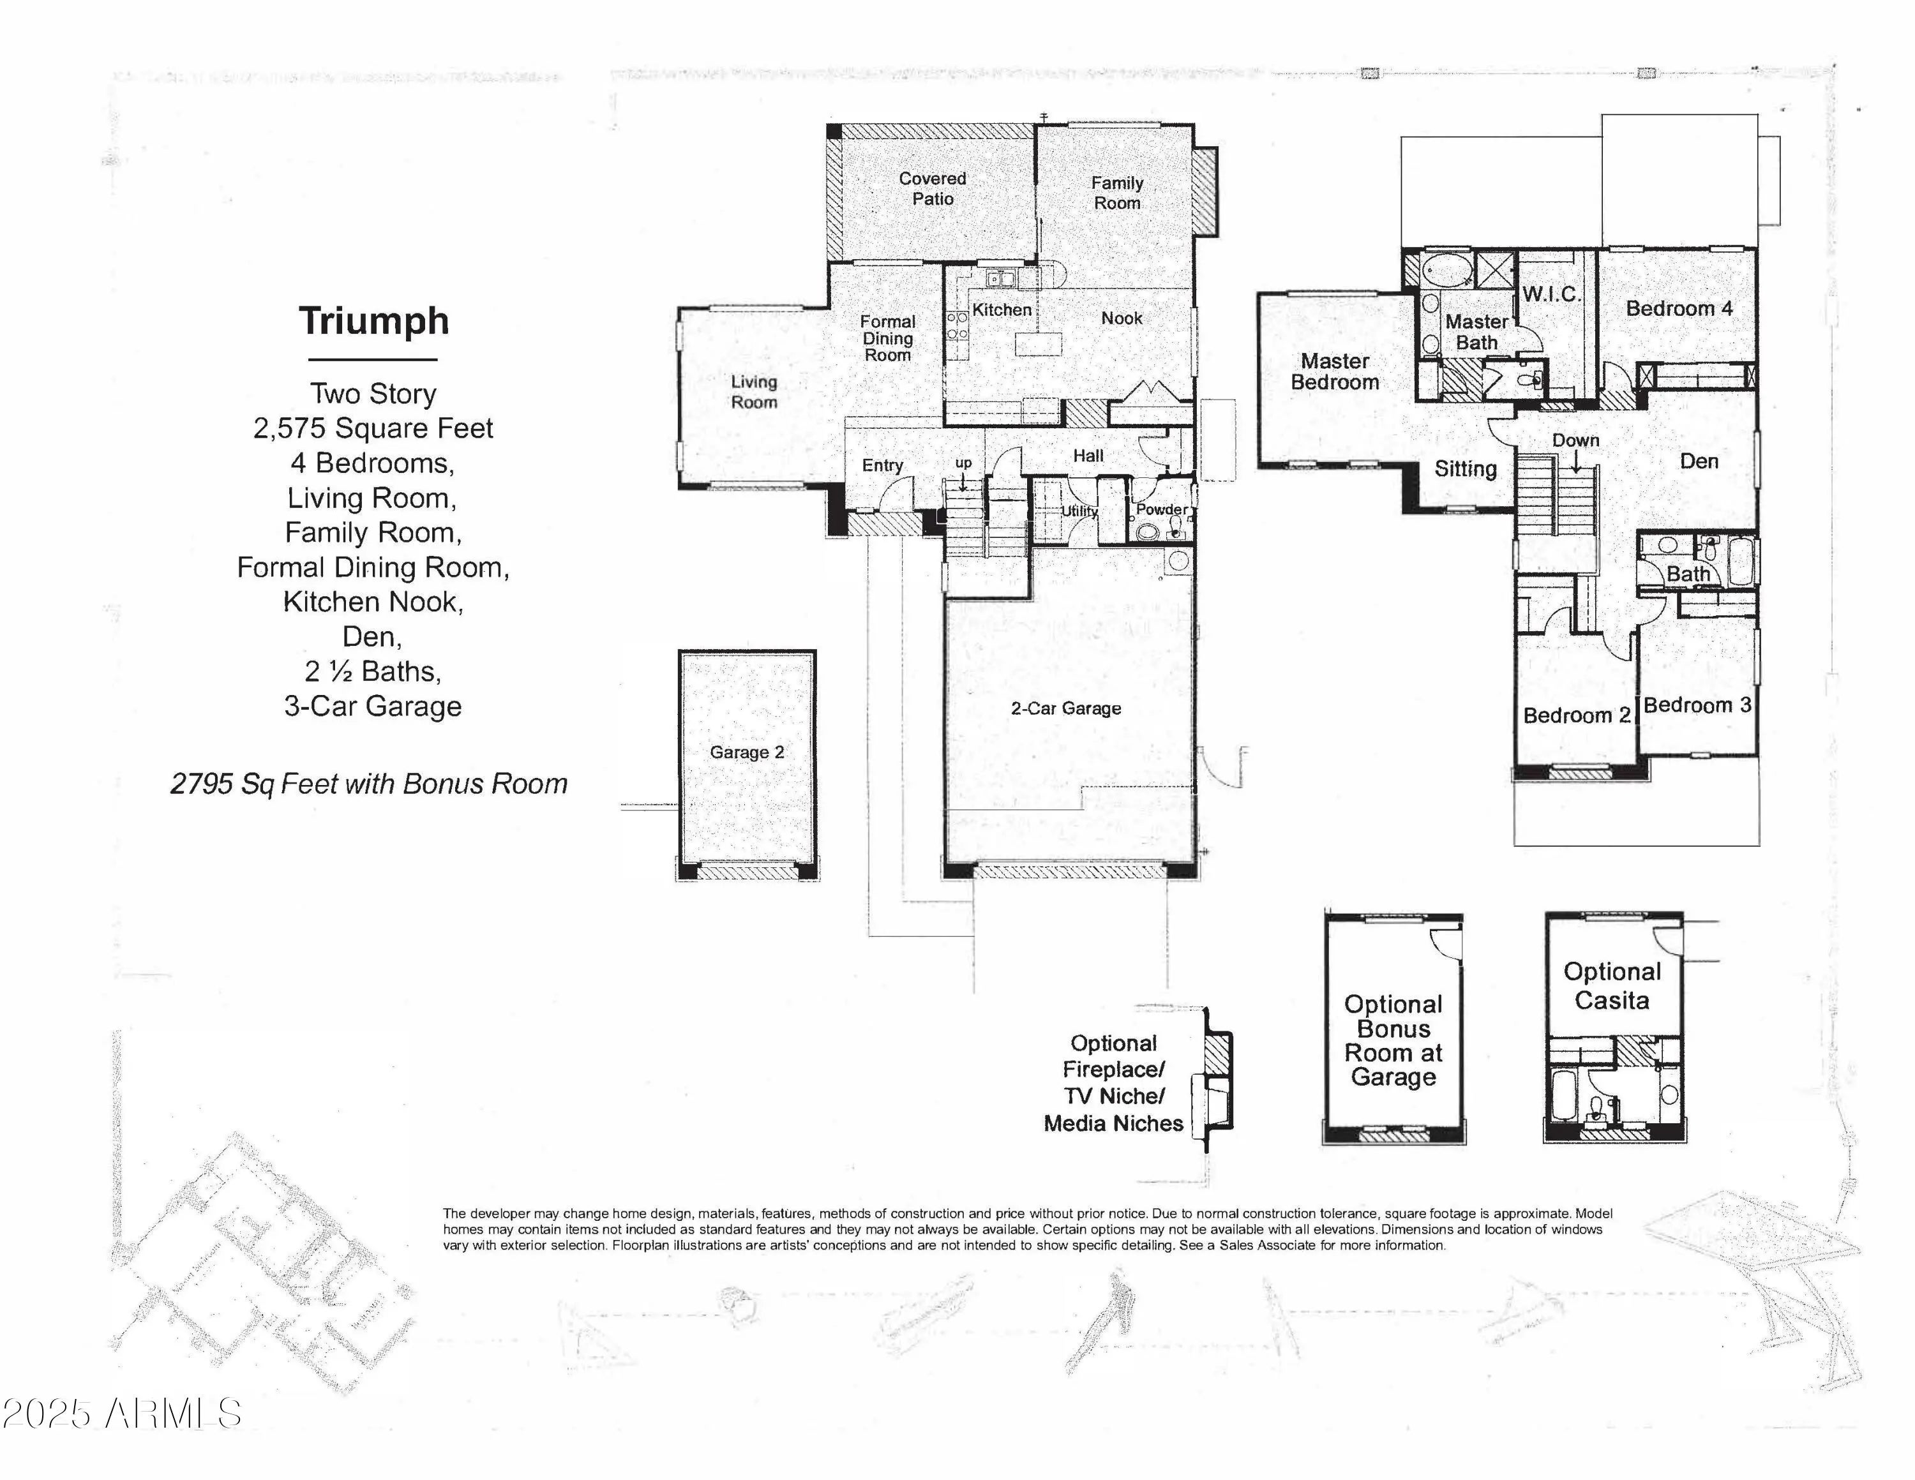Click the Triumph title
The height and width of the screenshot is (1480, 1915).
coord(373,321)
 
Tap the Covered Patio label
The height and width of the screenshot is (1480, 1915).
coord(933,188)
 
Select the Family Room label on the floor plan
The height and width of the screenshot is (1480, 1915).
coord(1117,193)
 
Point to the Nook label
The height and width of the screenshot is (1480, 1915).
coord(1122,318)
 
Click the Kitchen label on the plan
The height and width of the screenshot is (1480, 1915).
coord(1002,310)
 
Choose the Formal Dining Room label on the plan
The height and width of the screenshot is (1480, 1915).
coord(887,338)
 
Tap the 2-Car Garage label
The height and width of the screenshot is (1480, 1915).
coord(1065,708)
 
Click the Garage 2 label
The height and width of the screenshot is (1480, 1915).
coord(747,752)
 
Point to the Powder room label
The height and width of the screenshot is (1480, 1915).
coord(1162,509)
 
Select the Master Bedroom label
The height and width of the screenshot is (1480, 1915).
coord(1335,371)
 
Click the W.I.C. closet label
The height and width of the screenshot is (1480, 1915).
coord(1551,294)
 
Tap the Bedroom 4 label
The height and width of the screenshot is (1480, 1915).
coord(1679,309)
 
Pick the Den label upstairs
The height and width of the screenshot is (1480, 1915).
coord(1699,461)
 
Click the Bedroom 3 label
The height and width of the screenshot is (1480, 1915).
coord(1697,705)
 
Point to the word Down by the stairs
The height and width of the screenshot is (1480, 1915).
coord(1575,440)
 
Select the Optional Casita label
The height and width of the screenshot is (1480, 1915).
coord(1612,985)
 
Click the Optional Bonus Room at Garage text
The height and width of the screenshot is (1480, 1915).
coord(1393,1041)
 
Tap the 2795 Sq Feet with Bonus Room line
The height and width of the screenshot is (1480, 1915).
coord(369,784)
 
